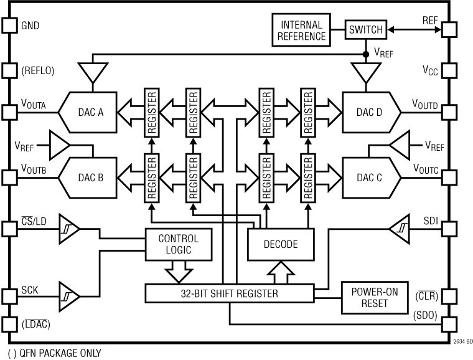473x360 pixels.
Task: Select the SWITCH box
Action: pyautogui.click(x=365, y=29)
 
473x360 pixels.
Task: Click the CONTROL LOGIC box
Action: pyautogui.click(x=178, y=244)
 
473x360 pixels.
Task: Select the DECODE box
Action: pyautogui.click(x=281, y=244)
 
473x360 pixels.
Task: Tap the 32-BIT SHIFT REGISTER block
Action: pyautogui.click(x=228, y=293)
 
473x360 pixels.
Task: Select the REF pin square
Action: pyautogui.click(x=449, y=29)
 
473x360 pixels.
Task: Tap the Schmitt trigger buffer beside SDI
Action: pyautogui.click(x=400, y=229)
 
